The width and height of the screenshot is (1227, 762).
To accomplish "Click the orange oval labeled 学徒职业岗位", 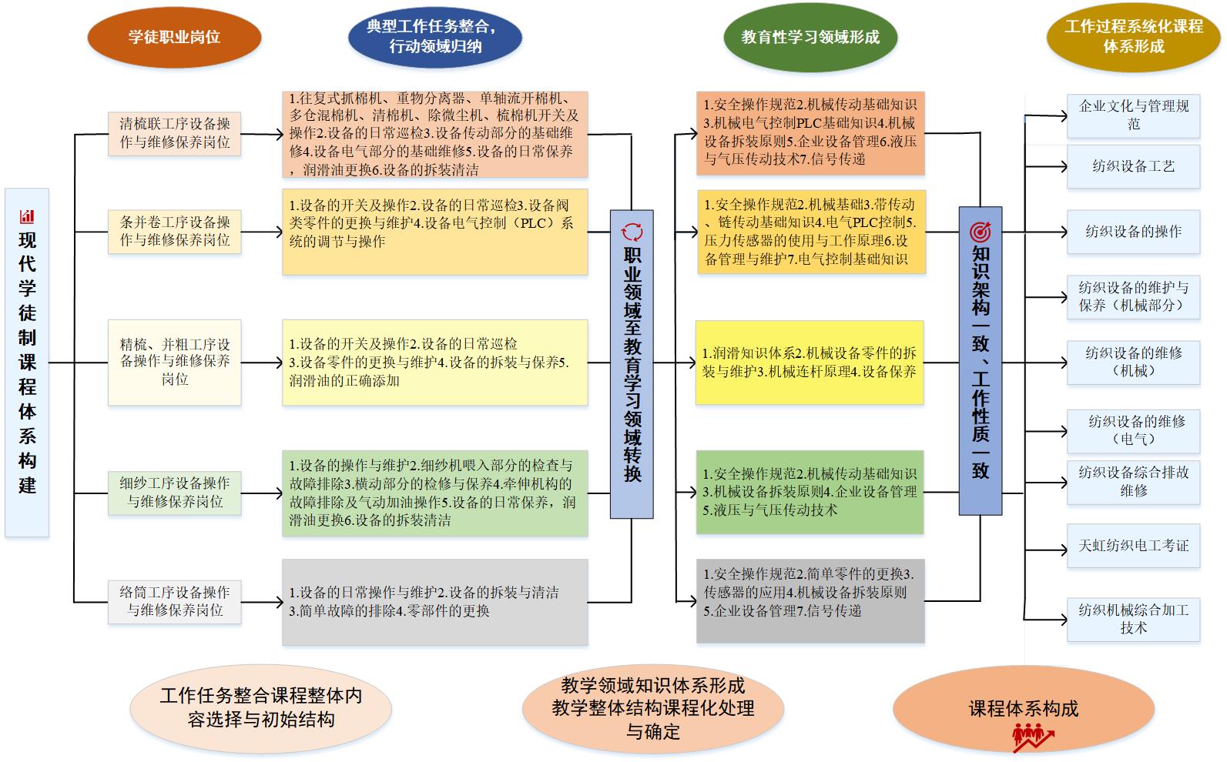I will click(x=174, y=37).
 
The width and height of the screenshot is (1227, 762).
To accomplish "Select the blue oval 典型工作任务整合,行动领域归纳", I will click(x=435, y=36).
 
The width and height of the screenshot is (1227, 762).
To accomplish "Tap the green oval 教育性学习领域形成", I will click(x=810, y=37).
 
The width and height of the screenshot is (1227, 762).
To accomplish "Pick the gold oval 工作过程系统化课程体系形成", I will click(x=1133, y=36).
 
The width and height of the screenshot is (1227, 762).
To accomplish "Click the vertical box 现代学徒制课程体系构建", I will click(x=27, y=362).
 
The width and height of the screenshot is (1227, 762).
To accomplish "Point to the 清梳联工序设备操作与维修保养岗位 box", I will click(x=175, y=133).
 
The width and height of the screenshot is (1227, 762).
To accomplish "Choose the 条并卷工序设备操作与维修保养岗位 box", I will click(x=175, y=231).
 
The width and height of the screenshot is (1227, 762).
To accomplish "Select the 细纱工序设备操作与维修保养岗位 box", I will click(x=175, y=493).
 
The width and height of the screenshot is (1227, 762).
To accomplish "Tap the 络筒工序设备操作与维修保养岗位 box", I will click(x=175, y=602).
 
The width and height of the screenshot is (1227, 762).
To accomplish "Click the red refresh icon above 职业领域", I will click(x=632, y=232).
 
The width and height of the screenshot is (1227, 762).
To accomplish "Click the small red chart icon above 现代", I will click(x=27, y=216).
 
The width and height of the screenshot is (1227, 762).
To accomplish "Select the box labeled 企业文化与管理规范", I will click(x=1133, y=115).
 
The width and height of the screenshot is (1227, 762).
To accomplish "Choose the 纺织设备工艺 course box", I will click(x=1133, y=166).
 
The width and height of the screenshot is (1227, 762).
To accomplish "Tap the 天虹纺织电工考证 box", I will click(x=1133, y=546).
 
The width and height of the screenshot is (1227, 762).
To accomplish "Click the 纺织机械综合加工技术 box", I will click(x=1133, y=619).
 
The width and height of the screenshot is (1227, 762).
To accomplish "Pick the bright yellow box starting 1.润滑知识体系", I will click(x=809, y=363).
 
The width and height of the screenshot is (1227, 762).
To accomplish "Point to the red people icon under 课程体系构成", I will click(x=1031, y=738).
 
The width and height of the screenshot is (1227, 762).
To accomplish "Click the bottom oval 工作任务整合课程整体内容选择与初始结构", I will click(x=260, y=707).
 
